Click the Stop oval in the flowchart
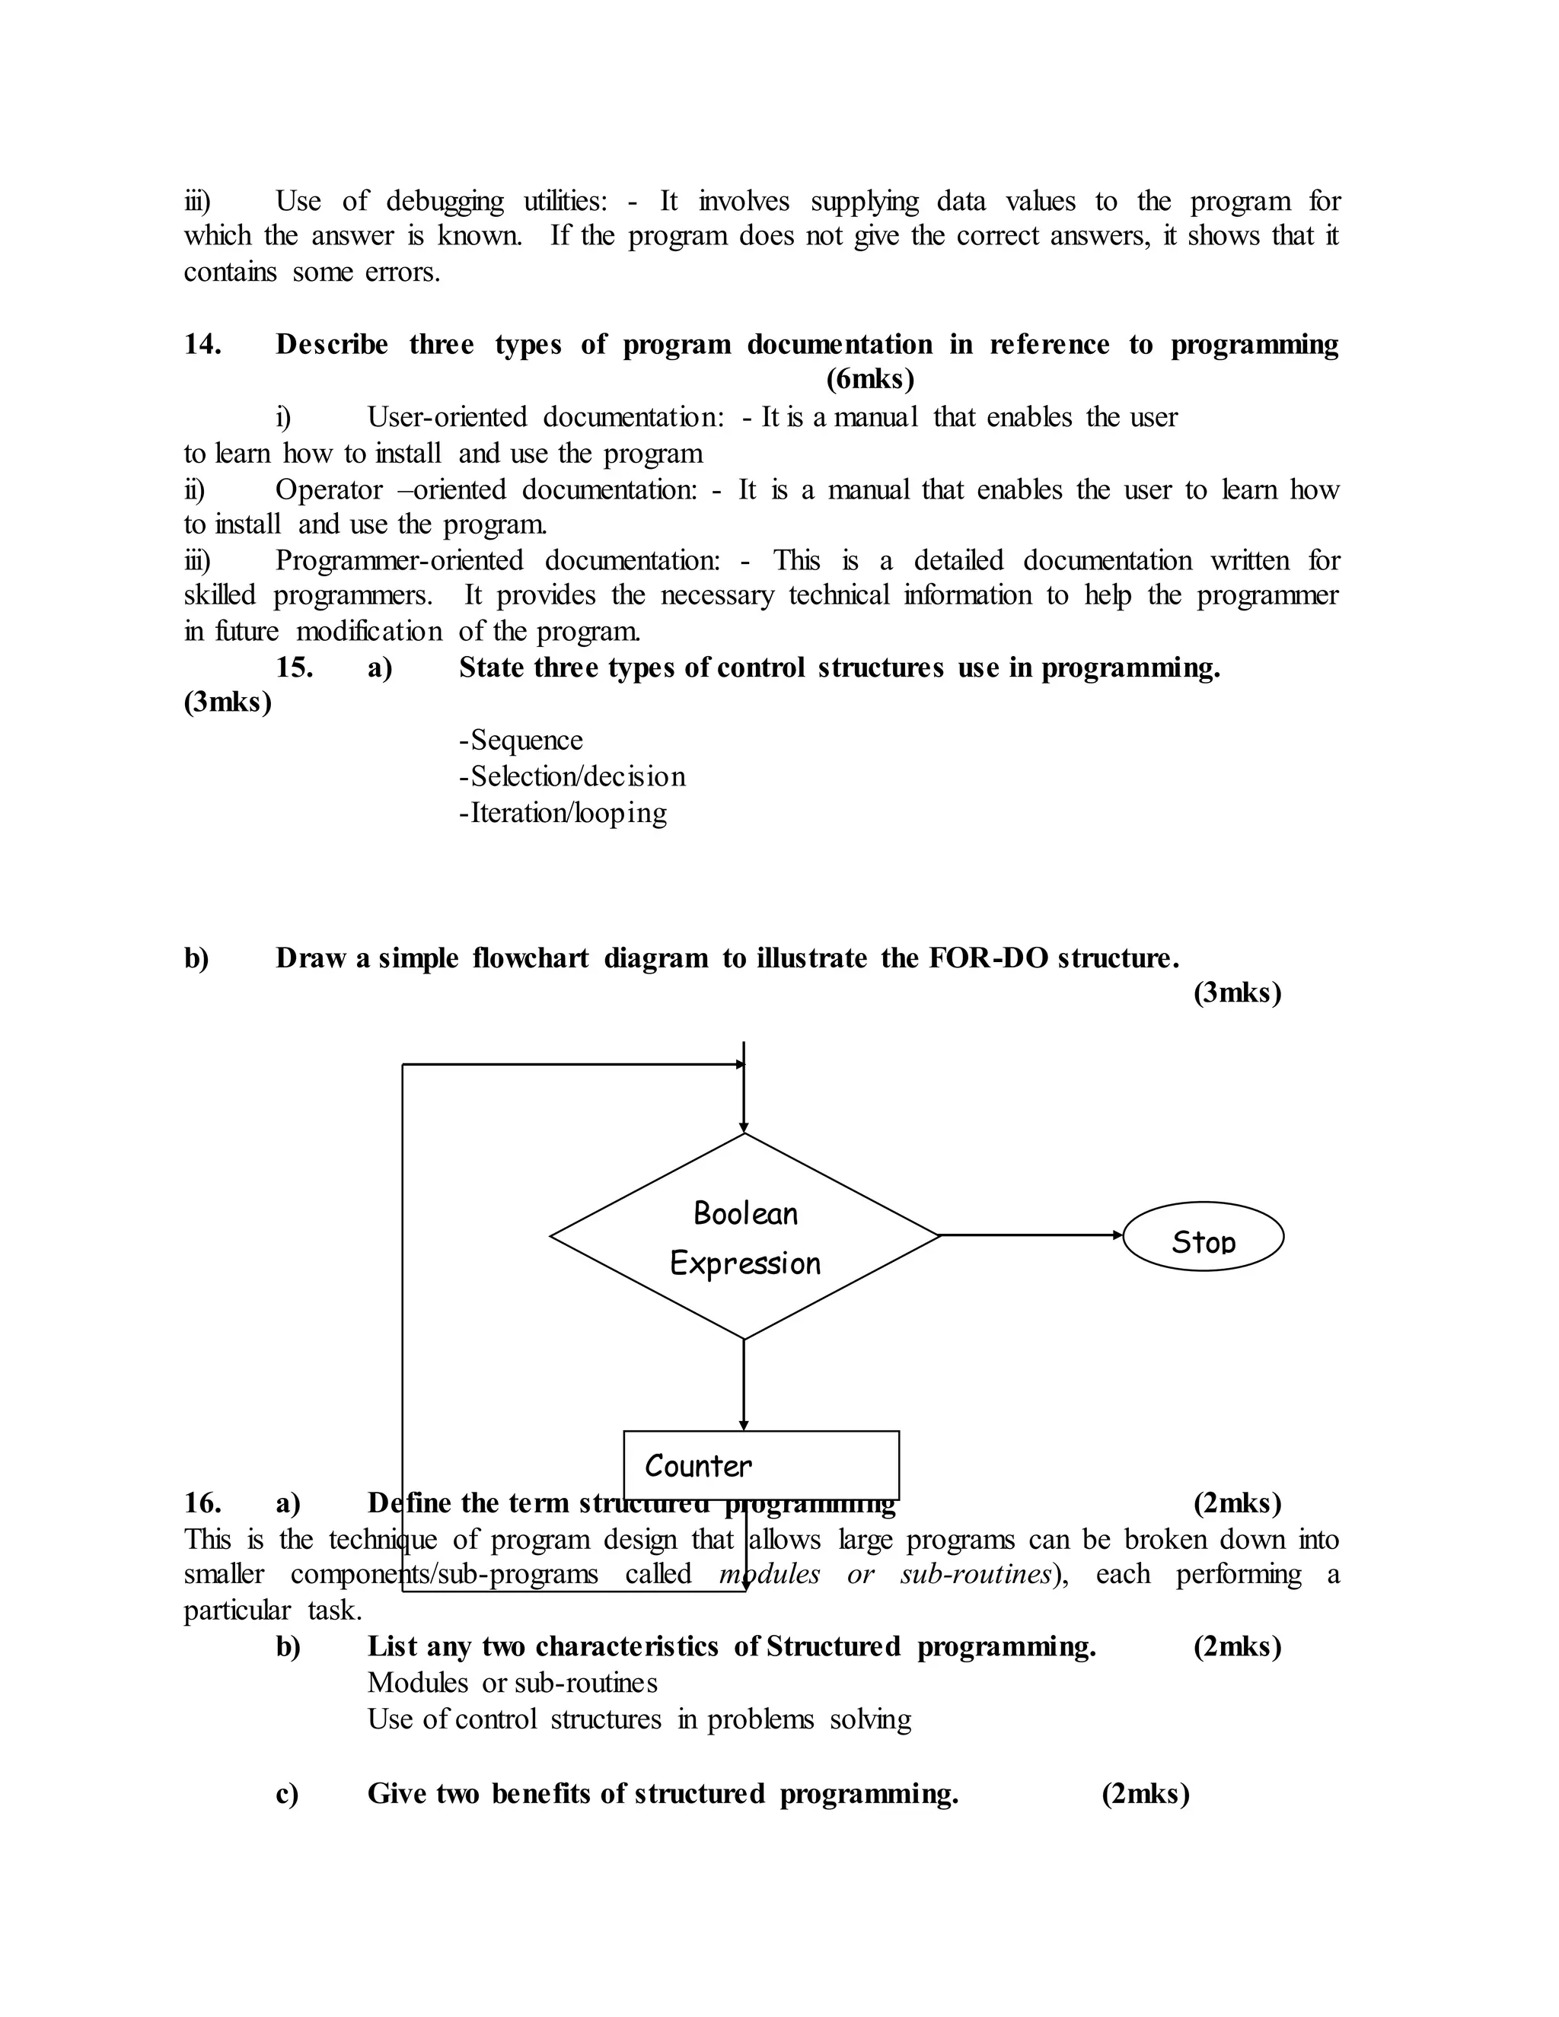[x=1203, y=1237]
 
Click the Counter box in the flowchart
[x=761, y=1464]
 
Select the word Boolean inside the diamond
[x=745, y=1212]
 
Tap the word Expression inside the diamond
[x=745, y=1263]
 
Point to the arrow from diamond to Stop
[x=1030, y=1235]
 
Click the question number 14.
[x=202, y=345]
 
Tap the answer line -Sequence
[x=521, y=741]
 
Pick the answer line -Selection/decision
[x=572, y=776]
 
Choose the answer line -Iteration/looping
[x=563, y=813]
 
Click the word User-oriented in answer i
[x=447, y=417]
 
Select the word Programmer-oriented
[x=399, y=561]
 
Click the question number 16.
[x=202, y=1502]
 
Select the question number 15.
[x=294, y=668]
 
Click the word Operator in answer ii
[x=329, y=489]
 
